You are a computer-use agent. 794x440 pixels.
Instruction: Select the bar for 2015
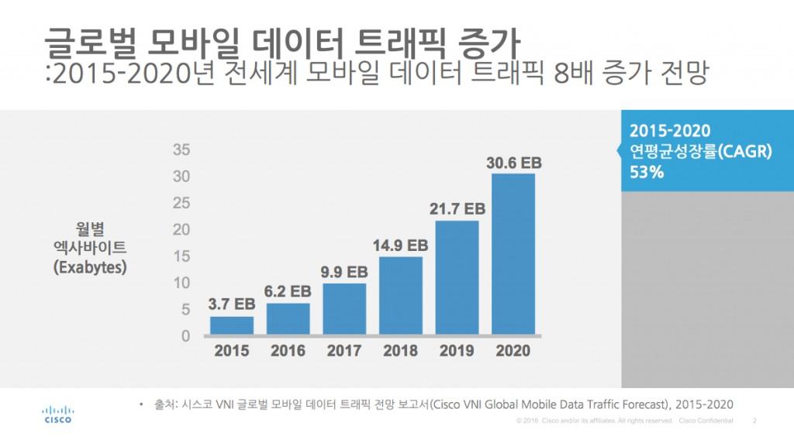[x=232, y=325]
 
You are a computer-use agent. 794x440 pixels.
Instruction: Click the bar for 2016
[x=288, y=319]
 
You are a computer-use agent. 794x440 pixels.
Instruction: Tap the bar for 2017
[x=344, y=309]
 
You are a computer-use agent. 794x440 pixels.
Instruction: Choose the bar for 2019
[x=457, y=278]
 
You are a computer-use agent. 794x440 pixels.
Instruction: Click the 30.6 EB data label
[x=513, y=163]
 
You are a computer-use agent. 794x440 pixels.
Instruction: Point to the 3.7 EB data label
[x=232, y=304]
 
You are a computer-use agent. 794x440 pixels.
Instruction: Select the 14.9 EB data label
[x=400, y=246]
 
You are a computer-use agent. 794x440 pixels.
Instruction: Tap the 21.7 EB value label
[x=457, y=209]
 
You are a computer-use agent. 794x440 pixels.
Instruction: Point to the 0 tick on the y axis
[x=185, y=336]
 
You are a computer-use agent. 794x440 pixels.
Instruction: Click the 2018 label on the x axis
[x=400, y=351]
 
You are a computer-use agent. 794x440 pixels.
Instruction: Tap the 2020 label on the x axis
[x=513, y=351]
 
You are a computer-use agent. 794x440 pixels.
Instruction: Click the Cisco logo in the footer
[x=57, y=414]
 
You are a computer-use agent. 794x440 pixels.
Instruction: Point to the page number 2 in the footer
[x=754, y=421]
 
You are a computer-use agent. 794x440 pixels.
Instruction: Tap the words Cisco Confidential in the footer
[x=706, y=421]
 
